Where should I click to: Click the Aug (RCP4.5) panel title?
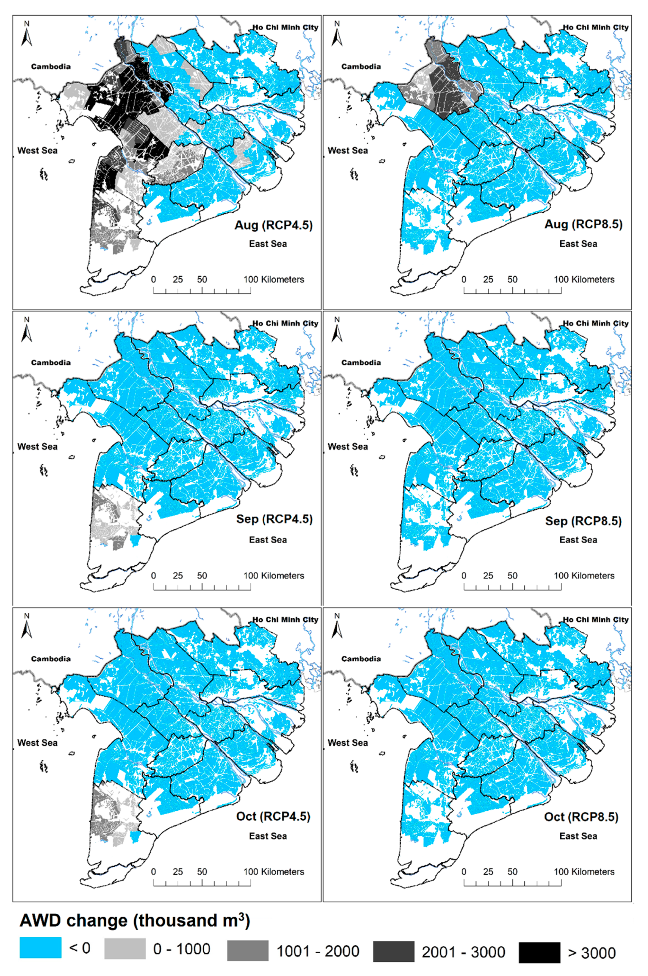tap(274, 225)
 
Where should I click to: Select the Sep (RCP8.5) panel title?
tap(583, 521)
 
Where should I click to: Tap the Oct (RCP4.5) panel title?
tap(273, 816)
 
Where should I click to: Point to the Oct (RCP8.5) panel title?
tap(581, 817)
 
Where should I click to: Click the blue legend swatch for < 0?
tap(41, 947)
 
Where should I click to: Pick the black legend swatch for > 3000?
tap(539, 952)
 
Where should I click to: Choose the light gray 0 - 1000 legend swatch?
tap(125, 948)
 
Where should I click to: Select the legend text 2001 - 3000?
tap(463, 952)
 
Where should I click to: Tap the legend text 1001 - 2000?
tap(318, 951)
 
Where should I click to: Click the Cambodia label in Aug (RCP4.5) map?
tap(51, 66)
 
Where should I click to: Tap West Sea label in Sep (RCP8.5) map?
tap(348, 447)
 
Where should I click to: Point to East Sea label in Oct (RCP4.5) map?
tap(268, 836)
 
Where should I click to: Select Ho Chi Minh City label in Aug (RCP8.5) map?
tap(595, 27)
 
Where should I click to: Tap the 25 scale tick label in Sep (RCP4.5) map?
tap(178, 576)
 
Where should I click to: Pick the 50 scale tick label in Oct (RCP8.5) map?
tap(512, 872)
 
